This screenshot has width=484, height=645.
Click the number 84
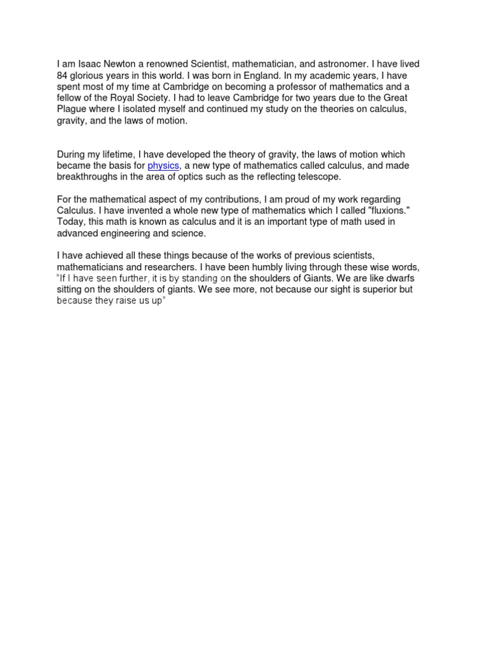tap(62, 76)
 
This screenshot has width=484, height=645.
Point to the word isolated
tap(154, 110)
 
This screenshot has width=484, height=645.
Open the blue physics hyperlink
tap(163, 166)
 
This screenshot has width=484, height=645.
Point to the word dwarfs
tap(396, 278)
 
